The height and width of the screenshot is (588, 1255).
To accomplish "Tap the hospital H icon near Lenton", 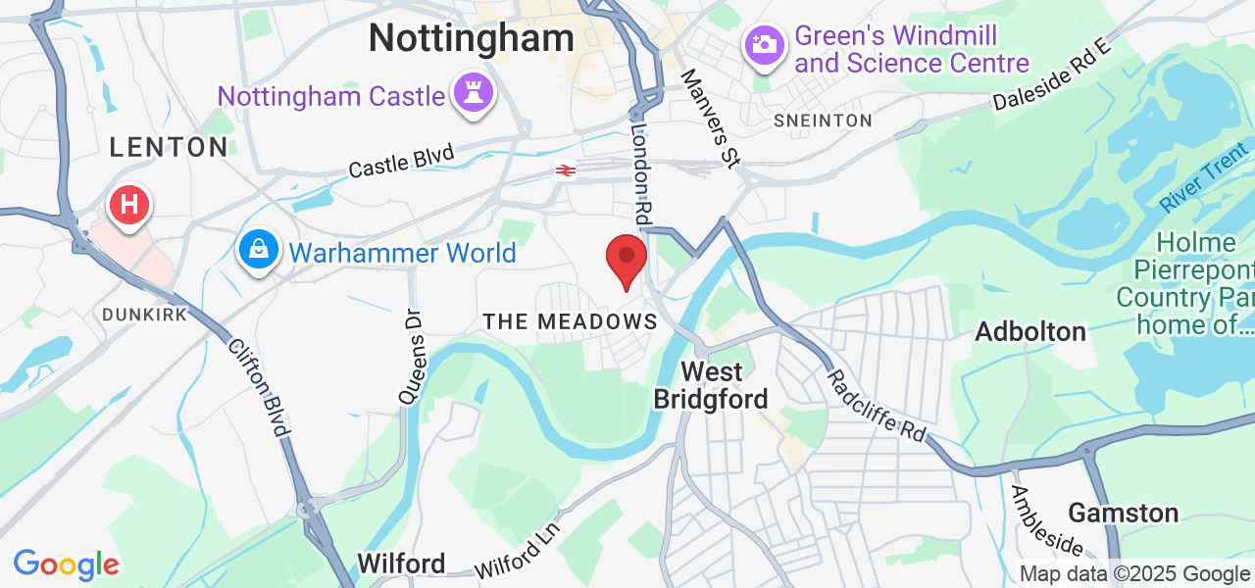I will [x=128, y=206].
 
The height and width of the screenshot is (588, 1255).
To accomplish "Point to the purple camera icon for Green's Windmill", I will [x=765, y=44].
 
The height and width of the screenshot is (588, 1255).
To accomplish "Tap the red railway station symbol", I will [x=565, y=171].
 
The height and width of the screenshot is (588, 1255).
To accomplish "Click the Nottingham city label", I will [x=471, y=38].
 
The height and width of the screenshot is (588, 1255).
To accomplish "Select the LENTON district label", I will [x=169, y=147].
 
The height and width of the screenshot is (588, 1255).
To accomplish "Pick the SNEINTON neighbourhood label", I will [x=823, y=121].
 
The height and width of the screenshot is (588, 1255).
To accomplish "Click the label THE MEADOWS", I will [x=570, y=321].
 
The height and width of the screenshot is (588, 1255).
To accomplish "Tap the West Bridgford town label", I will [x=712, y=385].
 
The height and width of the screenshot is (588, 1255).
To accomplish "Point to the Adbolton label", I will [x=1030, y=331].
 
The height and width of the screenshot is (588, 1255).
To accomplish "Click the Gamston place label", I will [x=1123, y=513].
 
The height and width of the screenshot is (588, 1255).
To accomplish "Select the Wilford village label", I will [x=401, y=563].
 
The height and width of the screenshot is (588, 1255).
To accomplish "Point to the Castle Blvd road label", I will [x=402, y=161].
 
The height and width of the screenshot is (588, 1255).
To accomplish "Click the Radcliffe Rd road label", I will [x=877, y=406].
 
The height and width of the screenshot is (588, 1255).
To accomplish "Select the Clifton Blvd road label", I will [x=260, y=387].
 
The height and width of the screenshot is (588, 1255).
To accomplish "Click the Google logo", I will [x=66, y=564].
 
